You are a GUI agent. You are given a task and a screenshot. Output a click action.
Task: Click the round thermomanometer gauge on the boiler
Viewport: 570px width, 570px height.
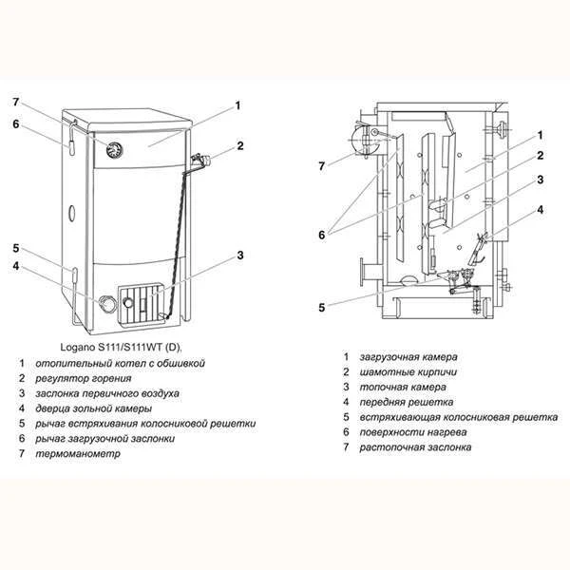pyautogui.click(x=114, y=149)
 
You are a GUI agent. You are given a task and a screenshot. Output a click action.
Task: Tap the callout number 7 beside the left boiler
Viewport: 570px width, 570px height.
pyautogui.click(x=15, y=103)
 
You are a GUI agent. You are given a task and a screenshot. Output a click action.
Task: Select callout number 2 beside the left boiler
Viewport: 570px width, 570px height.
pyautogui.click(x=240, y=145)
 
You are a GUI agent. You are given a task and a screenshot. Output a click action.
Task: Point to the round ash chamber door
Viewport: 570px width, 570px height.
pyautogui.click(x=106, y=304)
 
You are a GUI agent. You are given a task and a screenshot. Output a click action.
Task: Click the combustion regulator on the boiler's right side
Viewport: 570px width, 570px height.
pyautogui.click(x=200, y=160)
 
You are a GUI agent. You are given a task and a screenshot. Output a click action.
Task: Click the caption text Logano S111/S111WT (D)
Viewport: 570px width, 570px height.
pyautogui.click(x=121, y=347)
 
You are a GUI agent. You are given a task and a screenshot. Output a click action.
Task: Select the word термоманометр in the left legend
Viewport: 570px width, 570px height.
pyautogui.click(x=78, y=454)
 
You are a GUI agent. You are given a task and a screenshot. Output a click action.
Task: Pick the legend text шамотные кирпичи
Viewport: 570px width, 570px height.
pyautogui.click(x=408, y=372)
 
